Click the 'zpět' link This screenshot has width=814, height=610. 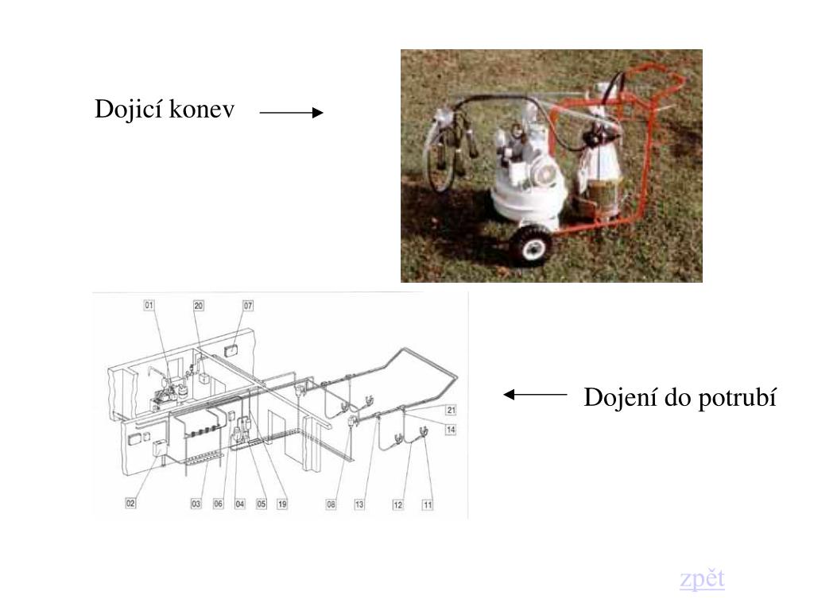coord(702,579)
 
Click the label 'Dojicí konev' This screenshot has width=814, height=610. coord(165,110)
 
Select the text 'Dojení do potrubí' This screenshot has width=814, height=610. coord(680,398)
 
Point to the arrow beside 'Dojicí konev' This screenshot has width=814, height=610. coord(291,113)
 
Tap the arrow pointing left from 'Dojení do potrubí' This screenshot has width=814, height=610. coord(535,395)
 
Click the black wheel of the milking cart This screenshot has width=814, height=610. coord(531,245)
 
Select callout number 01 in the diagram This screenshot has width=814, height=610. coord(149,305)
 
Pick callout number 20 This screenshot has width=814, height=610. coord(198,306)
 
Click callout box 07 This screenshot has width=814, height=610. coord(248,306)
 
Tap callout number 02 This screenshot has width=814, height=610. coord(130,503)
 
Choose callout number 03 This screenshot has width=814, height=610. coord(196,503)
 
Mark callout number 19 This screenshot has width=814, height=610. coord(282,504)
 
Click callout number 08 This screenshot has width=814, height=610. coord(331,504)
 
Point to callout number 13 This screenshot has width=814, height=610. coord(359,504)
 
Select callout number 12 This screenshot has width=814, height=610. coord(397,504)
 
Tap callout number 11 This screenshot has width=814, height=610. coord(427,504)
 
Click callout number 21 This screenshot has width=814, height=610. coord(451,410)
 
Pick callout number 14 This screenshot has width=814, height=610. coord(451,430)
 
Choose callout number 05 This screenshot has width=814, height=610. coord(261,504)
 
